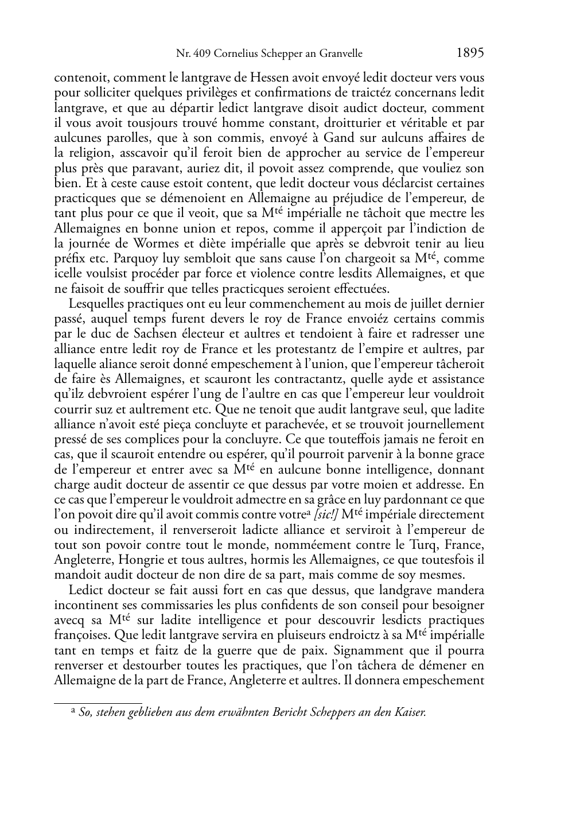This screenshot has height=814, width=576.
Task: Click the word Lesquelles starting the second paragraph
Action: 95,304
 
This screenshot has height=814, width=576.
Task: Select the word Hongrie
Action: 137,560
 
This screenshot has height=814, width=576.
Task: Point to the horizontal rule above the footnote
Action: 98,703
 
